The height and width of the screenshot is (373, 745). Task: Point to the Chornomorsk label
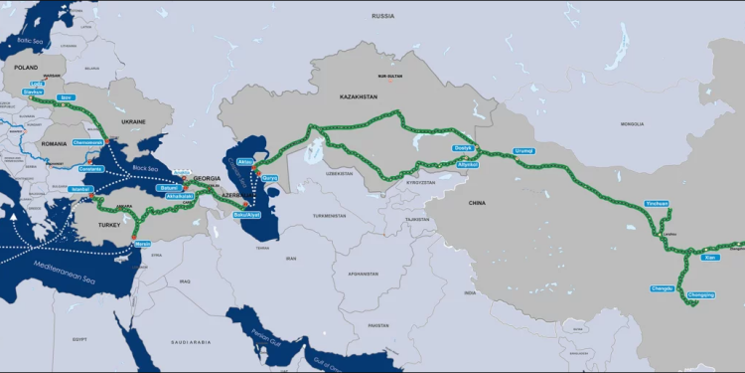click(88, 142)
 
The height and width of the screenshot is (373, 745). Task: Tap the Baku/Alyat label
click(245, 213)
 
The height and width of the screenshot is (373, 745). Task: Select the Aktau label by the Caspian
click(246, 161)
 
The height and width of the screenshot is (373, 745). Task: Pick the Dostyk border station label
click(463, 148)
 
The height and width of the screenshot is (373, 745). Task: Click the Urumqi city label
click(523, 151)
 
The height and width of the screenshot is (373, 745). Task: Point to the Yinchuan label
click(658, 203)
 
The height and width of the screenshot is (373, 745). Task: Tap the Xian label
click(709, 258)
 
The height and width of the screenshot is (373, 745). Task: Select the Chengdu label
click(662, 288)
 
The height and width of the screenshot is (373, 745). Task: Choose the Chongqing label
click(700, 294)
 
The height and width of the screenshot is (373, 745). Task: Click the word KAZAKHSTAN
click(359, 96)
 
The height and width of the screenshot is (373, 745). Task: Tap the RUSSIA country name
click(382, 17)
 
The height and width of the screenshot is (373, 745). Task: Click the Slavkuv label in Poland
click(32, 91)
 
